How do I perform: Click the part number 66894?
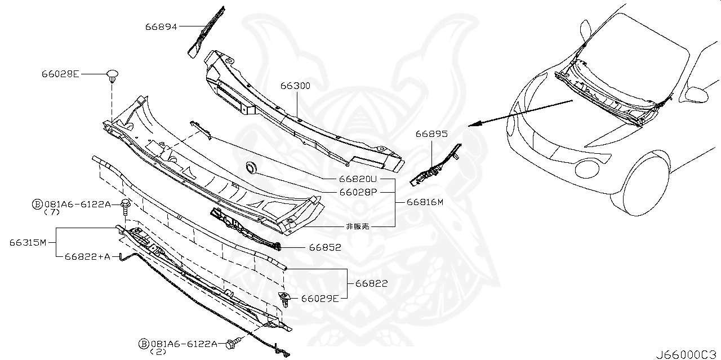point(162,26)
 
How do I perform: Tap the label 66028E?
point(60,74)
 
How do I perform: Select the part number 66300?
point(295,86)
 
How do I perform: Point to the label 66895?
point(431,134)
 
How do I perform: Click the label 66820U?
point(357,179)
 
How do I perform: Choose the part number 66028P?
point(357,192)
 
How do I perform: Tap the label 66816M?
point(420,202)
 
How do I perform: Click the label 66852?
point(324,247)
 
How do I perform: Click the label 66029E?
point(319,298)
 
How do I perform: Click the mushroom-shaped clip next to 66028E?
point(113,75)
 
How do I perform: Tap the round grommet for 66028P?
point(251,167)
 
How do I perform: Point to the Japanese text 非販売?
point(357,226)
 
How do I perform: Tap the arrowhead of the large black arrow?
point(472,125)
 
